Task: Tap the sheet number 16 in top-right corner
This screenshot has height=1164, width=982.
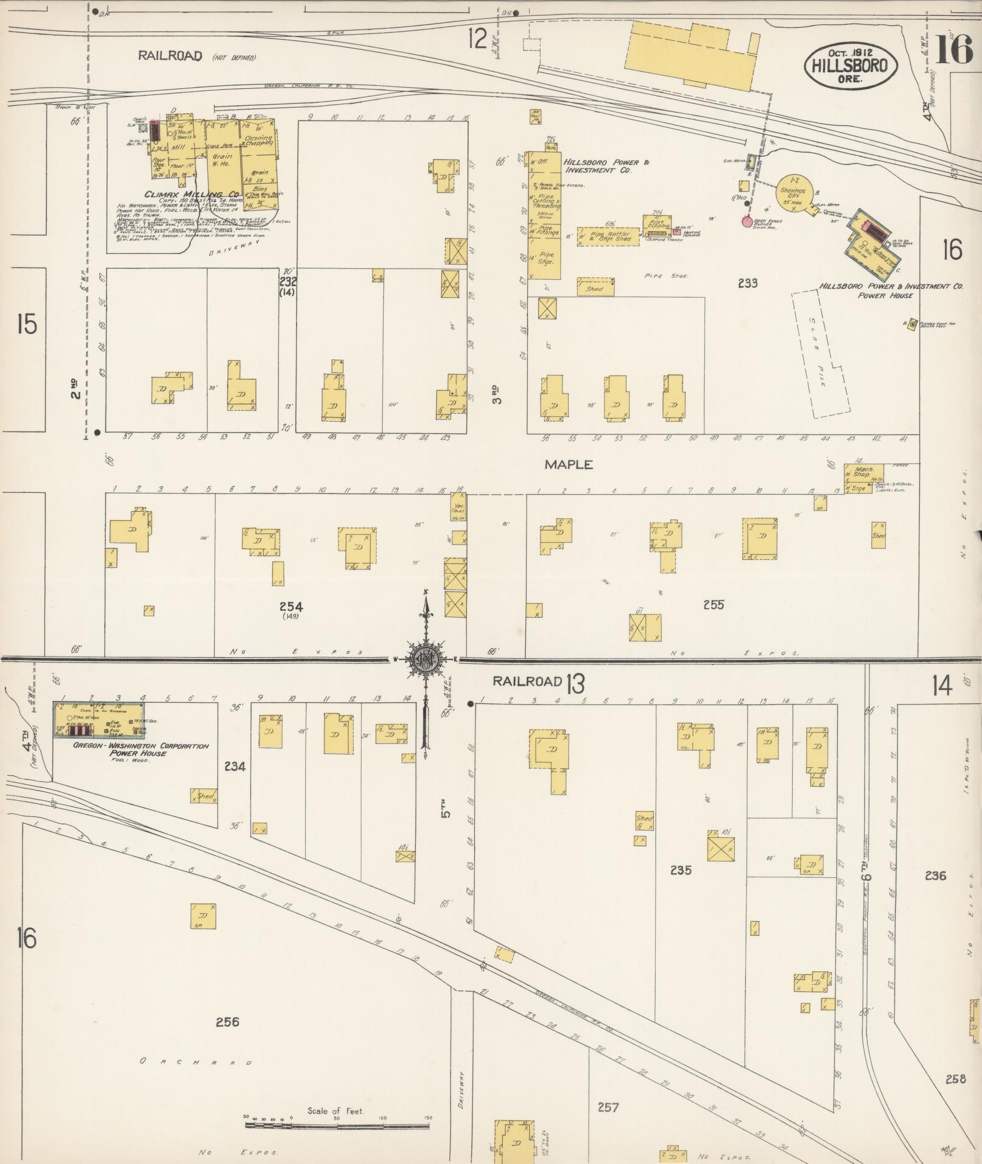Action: [x=954, y=49]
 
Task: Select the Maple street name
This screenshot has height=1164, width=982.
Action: [x=568, y=464]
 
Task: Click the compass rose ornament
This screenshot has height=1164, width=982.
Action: [x=426, y=659]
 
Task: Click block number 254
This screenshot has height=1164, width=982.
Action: [x=291, y=606]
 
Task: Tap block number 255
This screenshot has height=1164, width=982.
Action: [x=713, y=605]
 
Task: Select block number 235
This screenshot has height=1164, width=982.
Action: [x=680, y=870]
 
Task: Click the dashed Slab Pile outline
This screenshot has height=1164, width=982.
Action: [x=819, y=353]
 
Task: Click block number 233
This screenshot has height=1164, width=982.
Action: [x=747, y=282]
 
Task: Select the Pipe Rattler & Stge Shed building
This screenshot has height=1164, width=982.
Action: [x=608, y=237]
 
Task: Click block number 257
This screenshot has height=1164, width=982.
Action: [x=608, y=1107]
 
